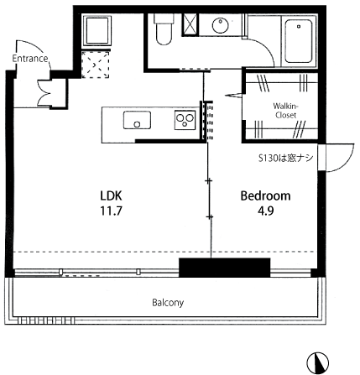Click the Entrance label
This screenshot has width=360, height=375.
coord(30,59)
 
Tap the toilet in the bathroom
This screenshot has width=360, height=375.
coord(164,29)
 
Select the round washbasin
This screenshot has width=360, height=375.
coord(221,25)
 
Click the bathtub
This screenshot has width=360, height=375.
coord(298,41)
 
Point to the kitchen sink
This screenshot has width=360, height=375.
coord(137,120)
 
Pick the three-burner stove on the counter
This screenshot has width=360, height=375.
coord(185,120)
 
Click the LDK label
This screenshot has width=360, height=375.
coord(111,195)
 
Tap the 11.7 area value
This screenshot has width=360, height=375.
coord(111,211)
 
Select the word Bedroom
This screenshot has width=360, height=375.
coord(265,195)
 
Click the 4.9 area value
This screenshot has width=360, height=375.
coord(266,211)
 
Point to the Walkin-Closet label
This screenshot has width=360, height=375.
coord(286,111)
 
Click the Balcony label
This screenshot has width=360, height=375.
coord(168,303)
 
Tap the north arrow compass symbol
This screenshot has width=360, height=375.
coord(317,362)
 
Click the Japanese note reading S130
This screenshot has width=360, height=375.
coord(285,159)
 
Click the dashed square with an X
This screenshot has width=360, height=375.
coord(95,65)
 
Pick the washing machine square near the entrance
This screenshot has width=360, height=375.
coord(97,31)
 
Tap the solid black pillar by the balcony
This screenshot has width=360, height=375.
coord(224,268)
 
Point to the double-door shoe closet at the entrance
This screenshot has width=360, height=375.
coord(53,93)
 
